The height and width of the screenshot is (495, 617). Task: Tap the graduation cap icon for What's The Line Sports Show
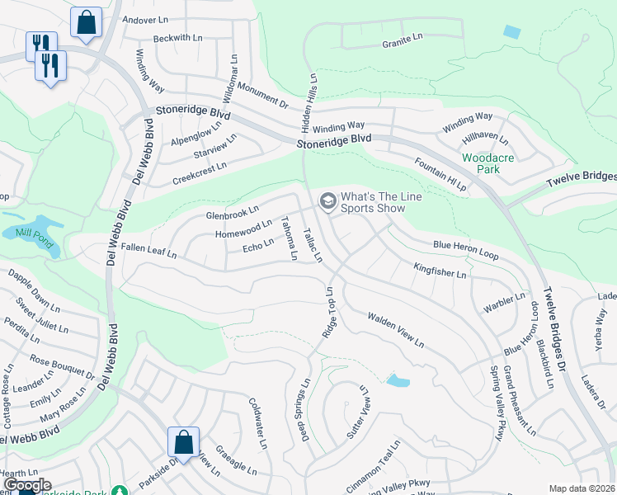327,201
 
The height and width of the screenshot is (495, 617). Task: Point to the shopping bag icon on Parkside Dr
182,441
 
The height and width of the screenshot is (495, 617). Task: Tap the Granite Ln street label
402,38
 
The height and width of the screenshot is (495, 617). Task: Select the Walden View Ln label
395,329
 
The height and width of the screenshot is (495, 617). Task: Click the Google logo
27,484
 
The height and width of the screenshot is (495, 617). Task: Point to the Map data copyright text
582,488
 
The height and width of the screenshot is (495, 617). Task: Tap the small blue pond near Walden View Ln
398,380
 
